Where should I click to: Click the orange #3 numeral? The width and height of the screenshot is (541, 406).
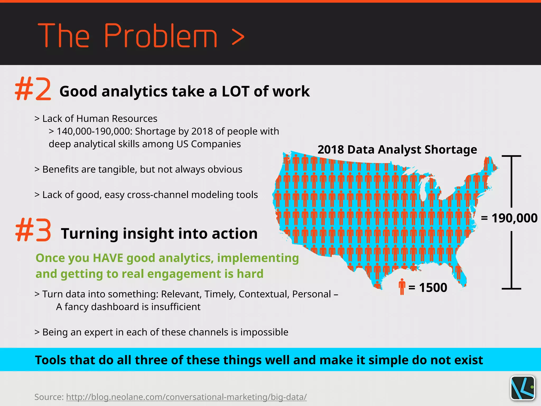point(33,230)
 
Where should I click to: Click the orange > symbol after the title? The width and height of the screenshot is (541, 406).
point(238,37)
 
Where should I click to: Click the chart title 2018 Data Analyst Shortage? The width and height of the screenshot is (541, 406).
point(397,150)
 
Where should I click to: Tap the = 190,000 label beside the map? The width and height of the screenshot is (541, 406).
point(509,218)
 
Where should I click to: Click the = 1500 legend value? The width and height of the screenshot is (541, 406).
point(428,288)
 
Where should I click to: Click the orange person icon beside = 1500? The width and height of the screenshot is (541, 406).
point(402,287)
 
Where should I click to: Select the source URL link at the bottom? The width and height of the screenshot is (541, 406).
point(186,397)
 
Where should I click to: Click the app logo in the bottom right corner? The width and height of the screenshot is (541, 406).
point(523,388)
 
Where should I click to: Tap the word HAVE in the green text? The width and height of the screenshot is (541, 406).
point(108,258)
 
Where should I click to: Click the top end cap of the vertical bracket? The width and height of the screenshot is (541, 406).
point(511,156)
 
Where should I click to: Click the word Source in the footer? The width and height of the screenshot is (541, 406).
point(49,397)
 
